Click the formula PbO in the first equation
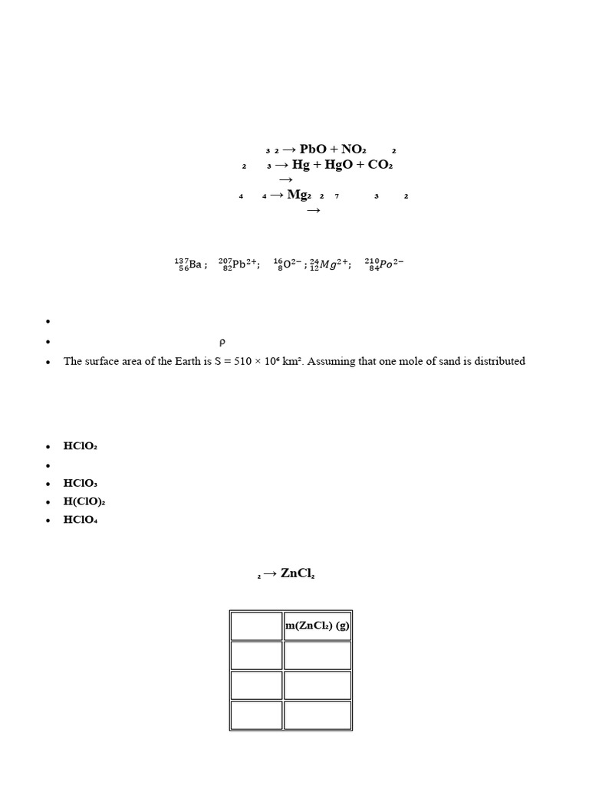point(313,149)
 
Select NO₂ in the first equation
point(354,149)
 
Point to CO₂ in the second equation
point(380,164)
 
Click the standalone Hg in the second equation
point(301,164)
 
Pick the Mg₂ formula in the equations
point(300,195)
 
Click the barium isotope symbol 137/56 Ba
point(189,264)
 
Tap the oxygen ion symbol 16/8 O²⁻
point(287,264)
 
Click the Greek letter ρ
point(222,342)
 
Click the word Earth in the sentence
point(187,361)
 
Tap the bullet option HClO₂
point(81,446)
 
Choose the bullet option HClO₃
point(81,483)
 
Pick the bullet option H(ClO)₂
point(84,501)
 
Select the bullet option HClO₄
point(81,520)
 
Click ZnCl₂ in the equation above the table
point(298,573)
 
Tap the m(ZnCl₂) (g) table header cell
point(318,626)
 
